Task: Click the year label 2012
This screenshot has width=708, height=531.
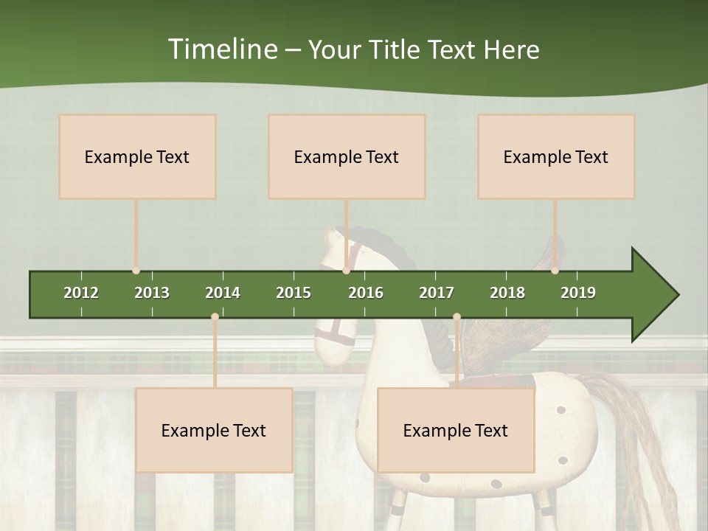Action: [x=81, y=293]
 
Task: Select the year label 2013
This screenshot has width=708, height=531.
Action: [x=152, y=293]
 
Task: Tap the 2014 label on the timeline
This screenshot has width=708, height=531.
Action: [x=223, y=293]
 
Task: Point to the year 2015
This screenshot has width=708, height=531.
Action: [x=294, y=293]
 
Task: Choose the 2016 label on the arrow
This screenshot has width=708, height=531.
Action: [x=366, y=293]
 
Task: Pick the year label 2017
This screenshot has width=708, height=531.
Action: [x=437, y=293]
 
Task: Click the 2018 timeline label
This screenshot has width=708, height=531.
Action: [x=507, y=293]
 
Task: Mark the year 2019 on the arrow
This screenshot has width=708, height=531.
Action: [x=578, y=293]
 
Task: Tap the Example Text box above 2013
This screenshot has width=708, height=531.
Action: [x=137, y=156]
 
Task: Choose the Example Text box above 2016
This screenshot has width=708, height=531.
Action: [x=347, y=156]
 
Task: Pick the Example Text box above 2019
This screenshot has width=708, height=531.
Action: [x=556, y=156]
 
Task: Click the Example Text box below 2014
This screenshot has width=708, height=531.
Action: [x=214, y=430]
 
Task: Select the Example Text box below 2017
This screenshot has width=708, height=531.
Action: [x=456, y=430]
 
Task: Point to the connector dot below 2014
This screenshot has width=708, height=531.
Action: [x=215, y=317]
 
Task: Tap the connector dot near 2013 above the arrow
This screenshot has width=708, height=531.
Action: [x=136, y=271]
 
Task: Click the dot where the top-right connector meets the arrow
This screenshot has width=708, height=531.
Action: [x=555, y=271]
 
